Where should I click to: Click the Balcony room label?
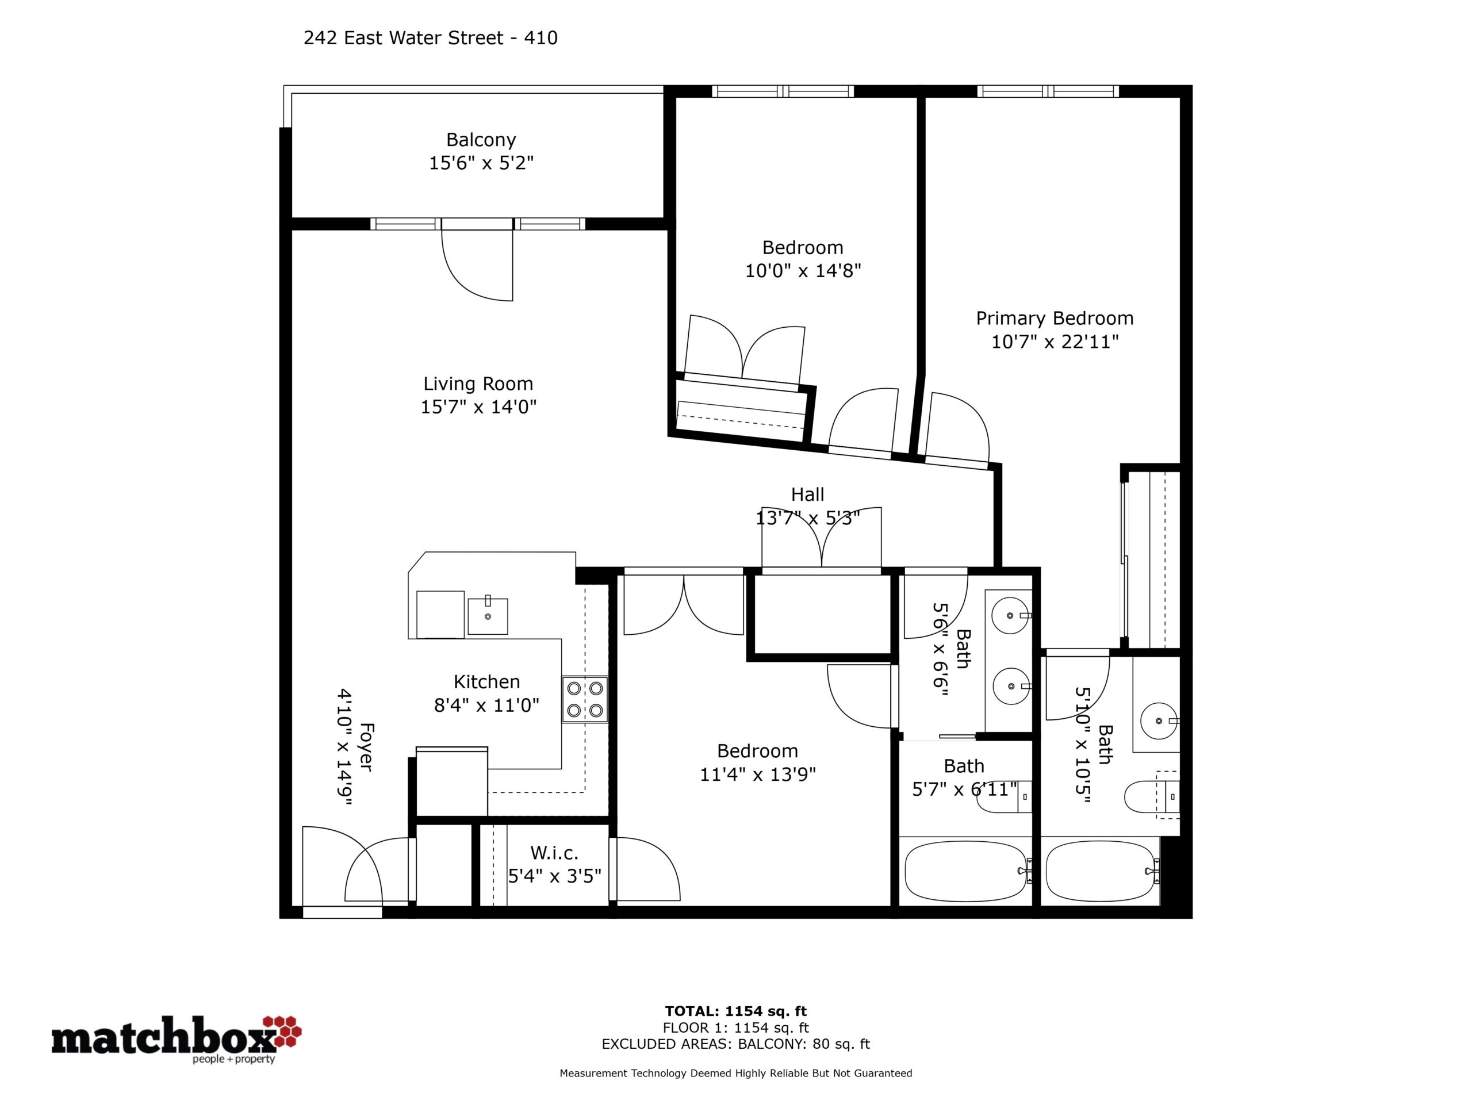(x=481, y=140)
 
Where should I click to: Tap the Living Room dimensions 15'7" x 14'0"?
(x=478, y=407)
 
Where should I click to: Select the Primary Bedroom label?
(x=1055, y=319)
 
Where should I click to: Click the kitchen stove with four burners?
(x=585, y=699)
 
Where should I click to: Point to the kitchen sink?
(x=488, y=616)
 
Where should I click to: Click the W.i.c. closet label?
(x=554, y=853)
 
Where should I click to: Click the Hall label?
(x=808, y=494)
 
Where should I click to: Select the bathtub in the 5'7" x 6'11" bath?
(x=966, y=871)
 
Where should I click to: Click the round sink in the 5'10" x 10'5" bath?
(x=1160, y=720)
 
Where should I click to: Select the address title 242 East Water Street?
(x=403, y=38)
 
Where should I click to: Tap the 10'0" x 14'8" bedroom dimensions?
(x=803, y=271)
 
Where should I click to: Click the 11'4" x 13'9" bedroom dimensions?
(x=758, y=775)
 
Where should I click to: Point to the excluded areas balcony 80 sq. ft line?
(x=736, y=1044)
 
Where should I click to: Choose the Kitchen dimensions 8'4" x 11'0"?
(x=487, y=705)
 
